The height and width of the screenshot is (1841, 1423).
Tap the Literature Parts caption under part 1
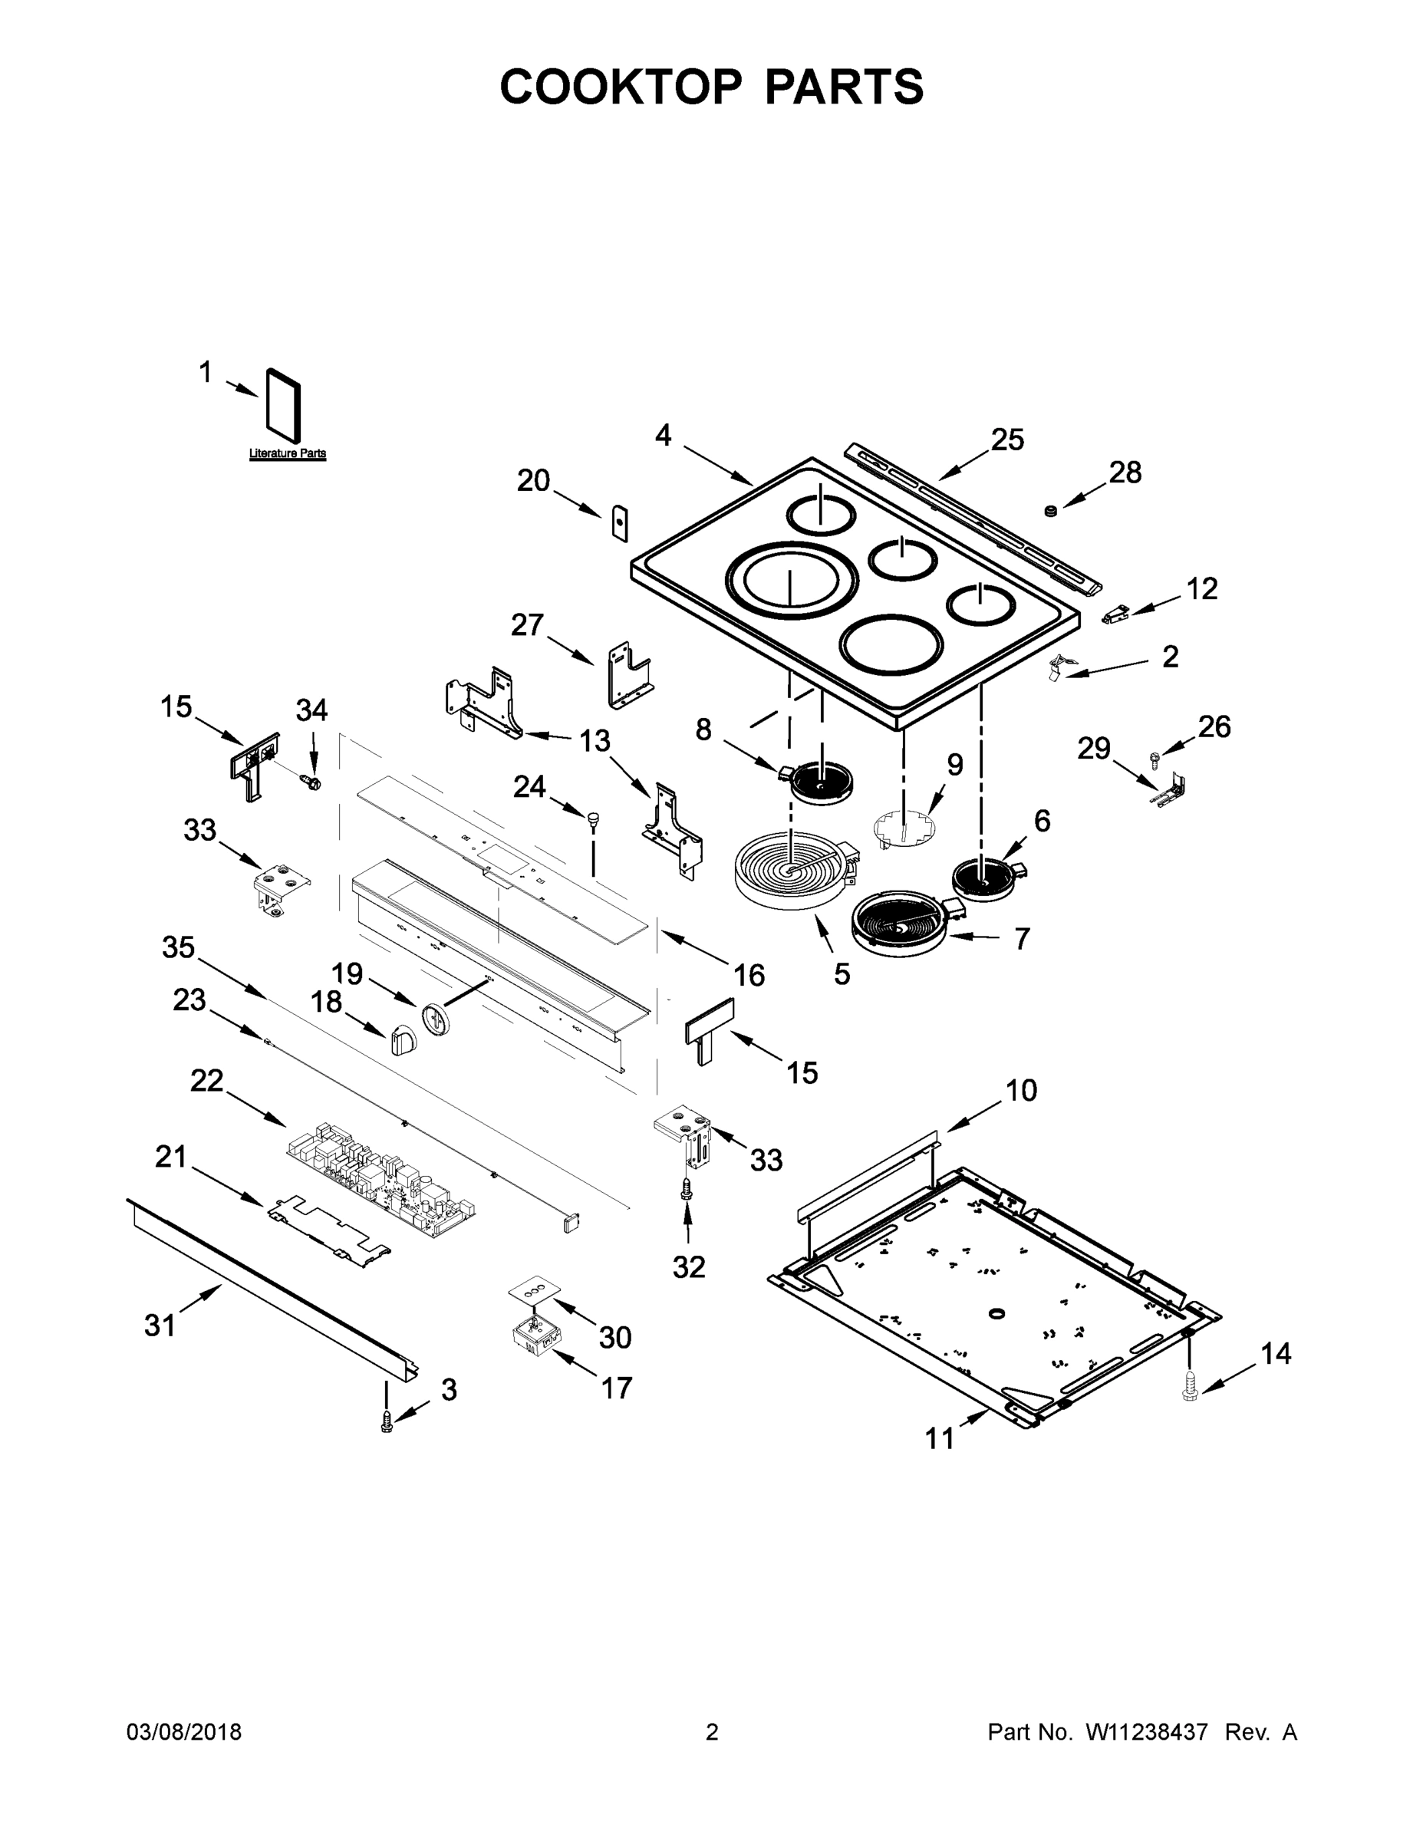click(287, 453)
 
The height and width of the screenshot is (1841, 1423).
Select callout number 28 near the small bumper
click(1125, 473)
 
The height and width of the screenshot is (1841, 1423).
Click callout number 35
click(179, 947)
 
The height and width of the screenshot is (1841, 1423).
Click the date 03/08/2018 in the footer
click(184, 1732)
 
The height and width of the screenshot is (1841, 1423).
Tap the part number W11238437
click(1147, 1732)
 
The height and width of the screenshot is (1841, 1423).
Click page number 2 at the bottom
click(712, 1732)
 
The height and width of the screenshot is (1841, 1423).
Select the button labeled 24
click(594, 817)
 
